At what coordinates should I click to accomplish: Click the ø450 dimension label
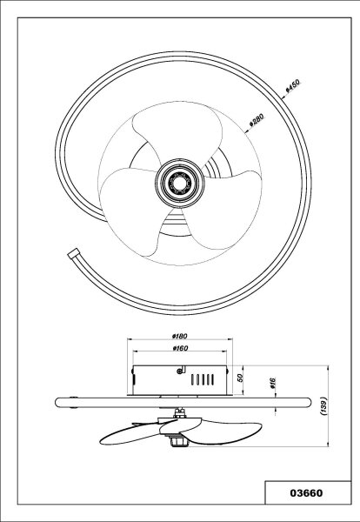pyautogui.click(x=293, y=85)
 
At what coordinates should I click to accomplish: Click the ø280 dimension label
pyautogui.click(x=257, y=120)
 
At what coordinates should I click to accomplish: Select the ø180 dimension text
pyautogui.click(x=180, y=336)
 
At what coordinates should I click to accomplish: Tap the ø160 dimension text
pyautogui.click(x=180, y=348)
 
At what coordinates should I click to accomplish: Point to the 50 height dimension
pyautogui.click(x=241, y=378)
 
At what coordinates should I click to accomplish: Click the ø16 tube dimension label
pyautogui.click(x=272, y=383)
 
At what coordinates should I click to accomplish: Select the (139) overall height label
pyautogui.click(x=324, y=405)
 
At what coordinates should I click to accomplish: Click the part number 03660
pyautogui.click(x=306, y=492)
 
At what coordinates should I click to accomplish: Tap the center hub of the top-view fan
pyautogui.click(x=180, y=182)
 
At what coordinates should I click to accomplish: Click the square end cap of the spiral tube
pyautogui.click(x=74, y=254)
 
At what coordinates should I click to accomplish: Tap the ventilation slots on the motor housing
pyautogui.click(x=203, y=379)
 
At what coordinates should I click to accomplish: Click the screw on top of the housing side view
pyautogui.click(x=180, y=371)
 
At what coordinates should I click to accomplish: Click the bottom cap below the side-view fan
pyautogui.click(x=180, y=442)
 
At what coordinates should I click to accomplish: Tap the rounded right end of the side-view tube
pyautogui.click(x=307, y=403)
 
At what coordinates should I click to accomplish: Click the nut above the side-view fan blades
pyautogui.click(x=180, y=413)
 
